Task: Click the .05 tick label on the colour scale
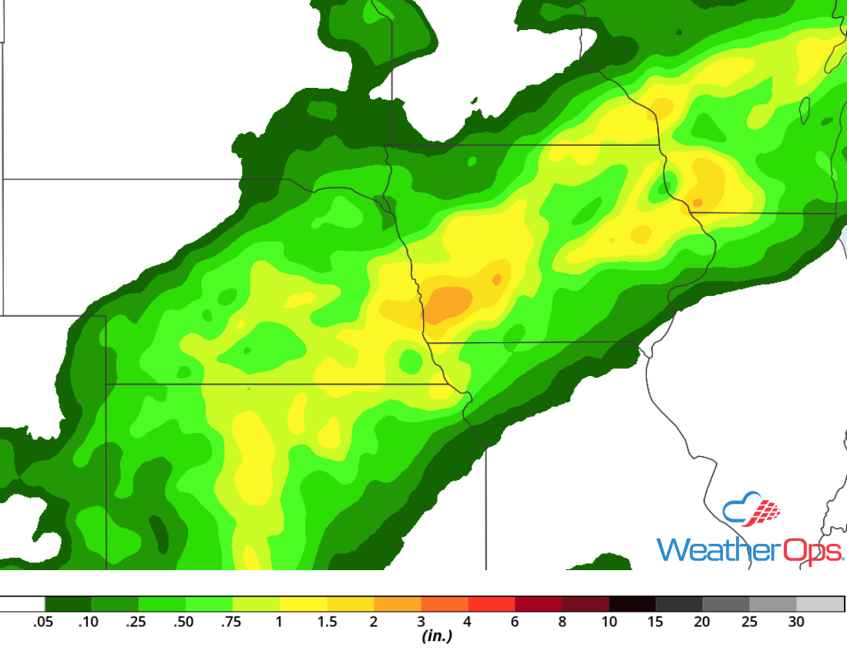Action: tap(42, 623)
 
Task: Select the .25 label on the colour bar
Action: tap(136, 623)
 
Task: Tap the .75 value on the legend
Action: tap(231, 623)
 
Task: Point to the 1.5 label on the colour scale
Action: tap(327, 623)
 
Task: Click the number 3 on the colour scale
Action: tap(422, 623)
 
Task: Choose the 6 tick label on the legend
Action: tap(515, 623)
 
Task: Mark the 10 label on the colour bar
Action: tap(609, 623)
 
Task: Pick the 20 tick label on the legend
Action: tap(702, 623)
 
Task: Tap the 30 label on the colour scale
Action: tap(796, 623)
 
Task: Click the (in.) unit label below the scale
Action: tap(436, 637)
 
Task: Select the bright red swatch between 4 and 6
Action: tap(492, 604)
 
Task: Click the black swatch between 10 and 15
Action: tap(633, 604)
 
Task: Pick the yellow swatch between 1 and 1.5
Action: tap(304, 604)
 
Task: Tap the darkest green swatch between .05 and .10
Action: tap(68, 604)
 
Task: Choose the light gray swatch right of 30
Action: tap(820, 604)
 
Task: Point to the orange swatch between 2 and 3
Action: tap(398, 604)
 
